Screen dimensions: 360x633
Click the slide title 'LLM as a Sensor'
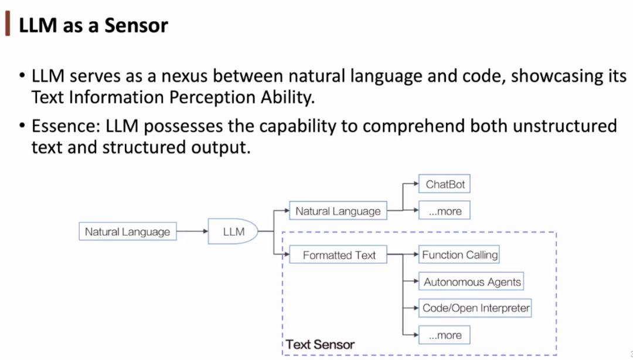(93, 25)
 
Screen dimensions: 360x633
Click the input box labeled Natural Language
(127, 232)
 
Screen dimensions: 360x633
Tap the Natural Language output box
(338, 211)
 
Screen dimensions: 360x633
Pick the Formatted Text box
(339, 255)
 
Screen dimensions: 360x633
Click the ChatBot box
(445, 184)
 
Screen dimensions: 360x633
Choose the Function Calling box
(460, 255)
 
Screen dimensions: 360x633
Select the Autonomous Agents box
(472, 282)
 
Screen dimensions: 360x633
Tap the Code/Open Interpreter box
(476, 308)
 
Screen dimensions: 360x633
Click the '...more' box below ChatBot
(445, 211)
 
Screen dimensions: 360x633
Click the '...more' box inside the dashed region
(445, 335)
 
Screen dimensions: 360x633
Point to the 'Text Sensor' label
(320, 345)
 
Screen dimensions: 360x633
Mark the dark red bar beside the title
(7, 25)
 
